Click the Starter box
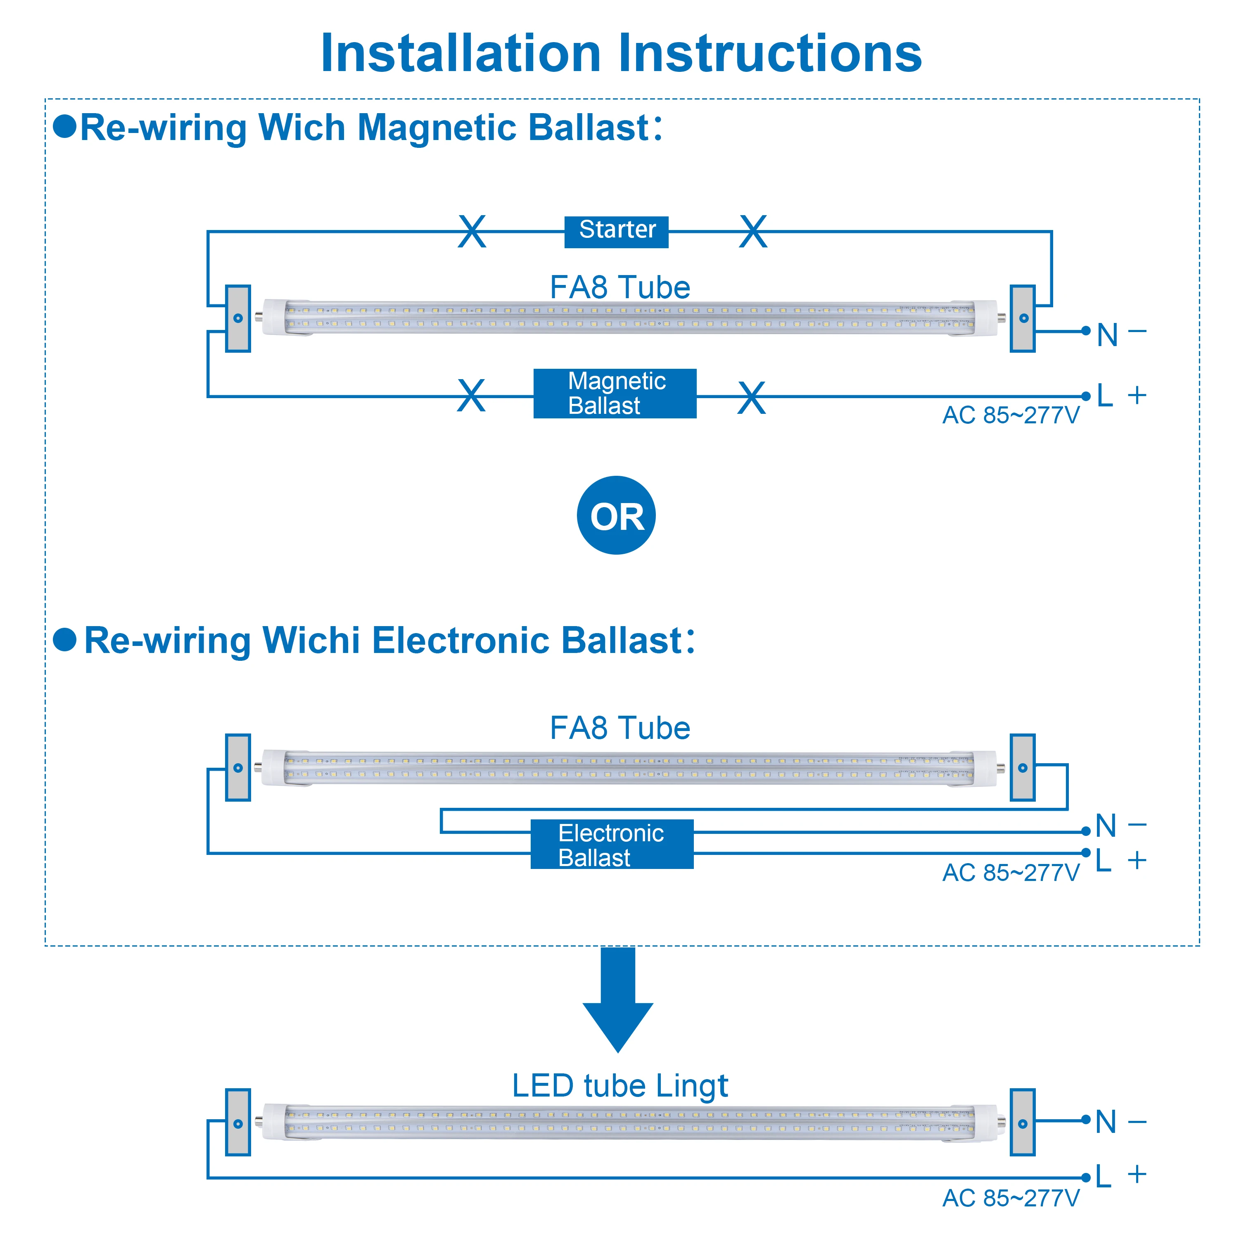pos(616,232)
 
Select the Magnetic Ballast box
pos(615,394)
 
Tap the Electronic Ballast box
pos(612,844)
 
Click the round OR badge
pos(616,515)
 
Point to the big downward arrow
pos(617,999)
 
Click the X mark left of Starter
pos(472,232)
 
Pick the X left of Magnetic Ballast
pos(471,396)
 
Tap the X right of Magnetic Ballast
pos(752,398)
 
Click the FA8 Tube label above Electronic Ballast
pos(620,728)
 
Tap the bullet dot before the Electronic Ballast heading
pos(65,639)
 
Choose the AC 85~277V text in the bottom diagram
pos(1011,1198)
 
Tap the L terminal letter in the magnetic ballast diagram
pos(1105,396)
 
